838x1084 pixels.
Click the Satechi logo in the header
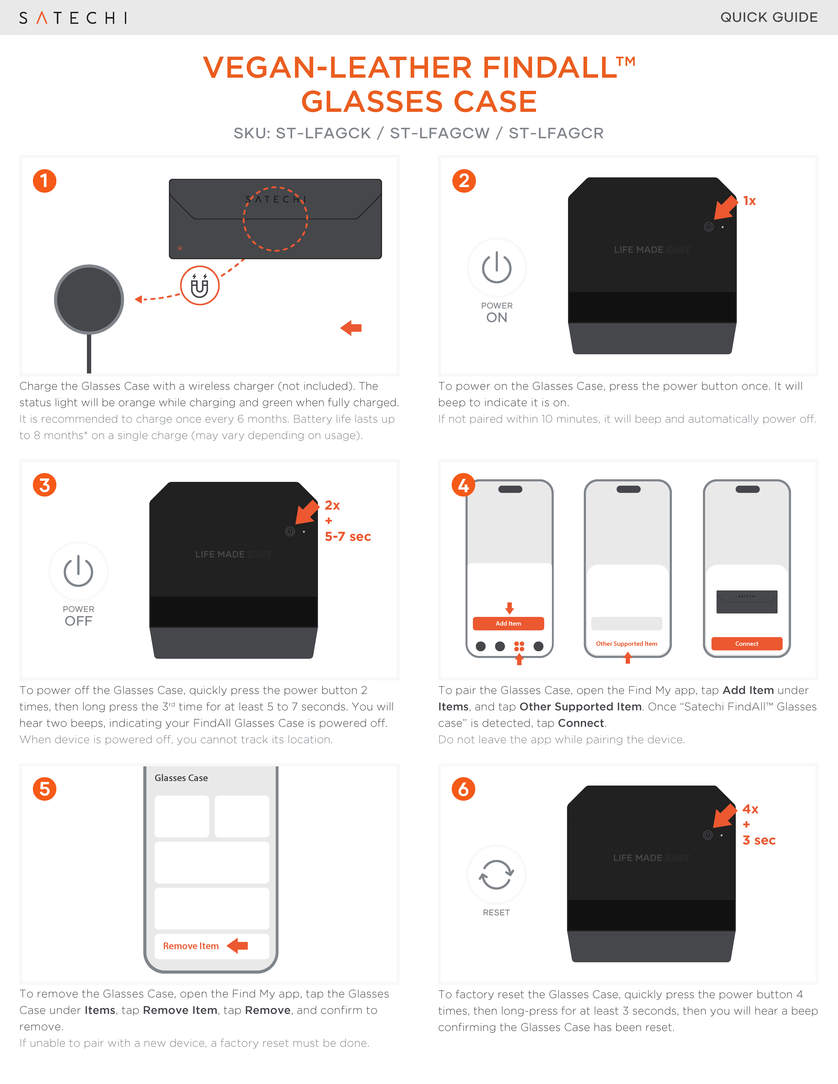click(x=73, y=18)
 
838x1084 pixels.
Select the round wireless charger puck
click(x=89, y=299)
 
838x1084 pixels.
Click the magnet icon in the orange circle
click(x=200, y=285)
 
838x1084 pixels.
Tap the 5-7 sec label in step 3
click(x=348, y=537)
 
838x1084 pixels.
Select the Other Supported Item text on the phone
click(x=627, y=644)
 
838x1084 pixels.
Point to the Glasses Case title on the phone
click(x=181, y=778)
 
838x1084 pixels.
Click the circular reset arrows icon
click(x=496, y=875)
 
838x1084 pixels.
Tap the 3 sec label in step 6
click(x=759, y=840)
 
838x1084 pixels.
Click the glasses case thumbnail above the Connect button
click(x=747, y=602)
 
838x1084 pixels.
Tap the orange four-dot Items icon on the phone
click(x=519, y=646)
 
